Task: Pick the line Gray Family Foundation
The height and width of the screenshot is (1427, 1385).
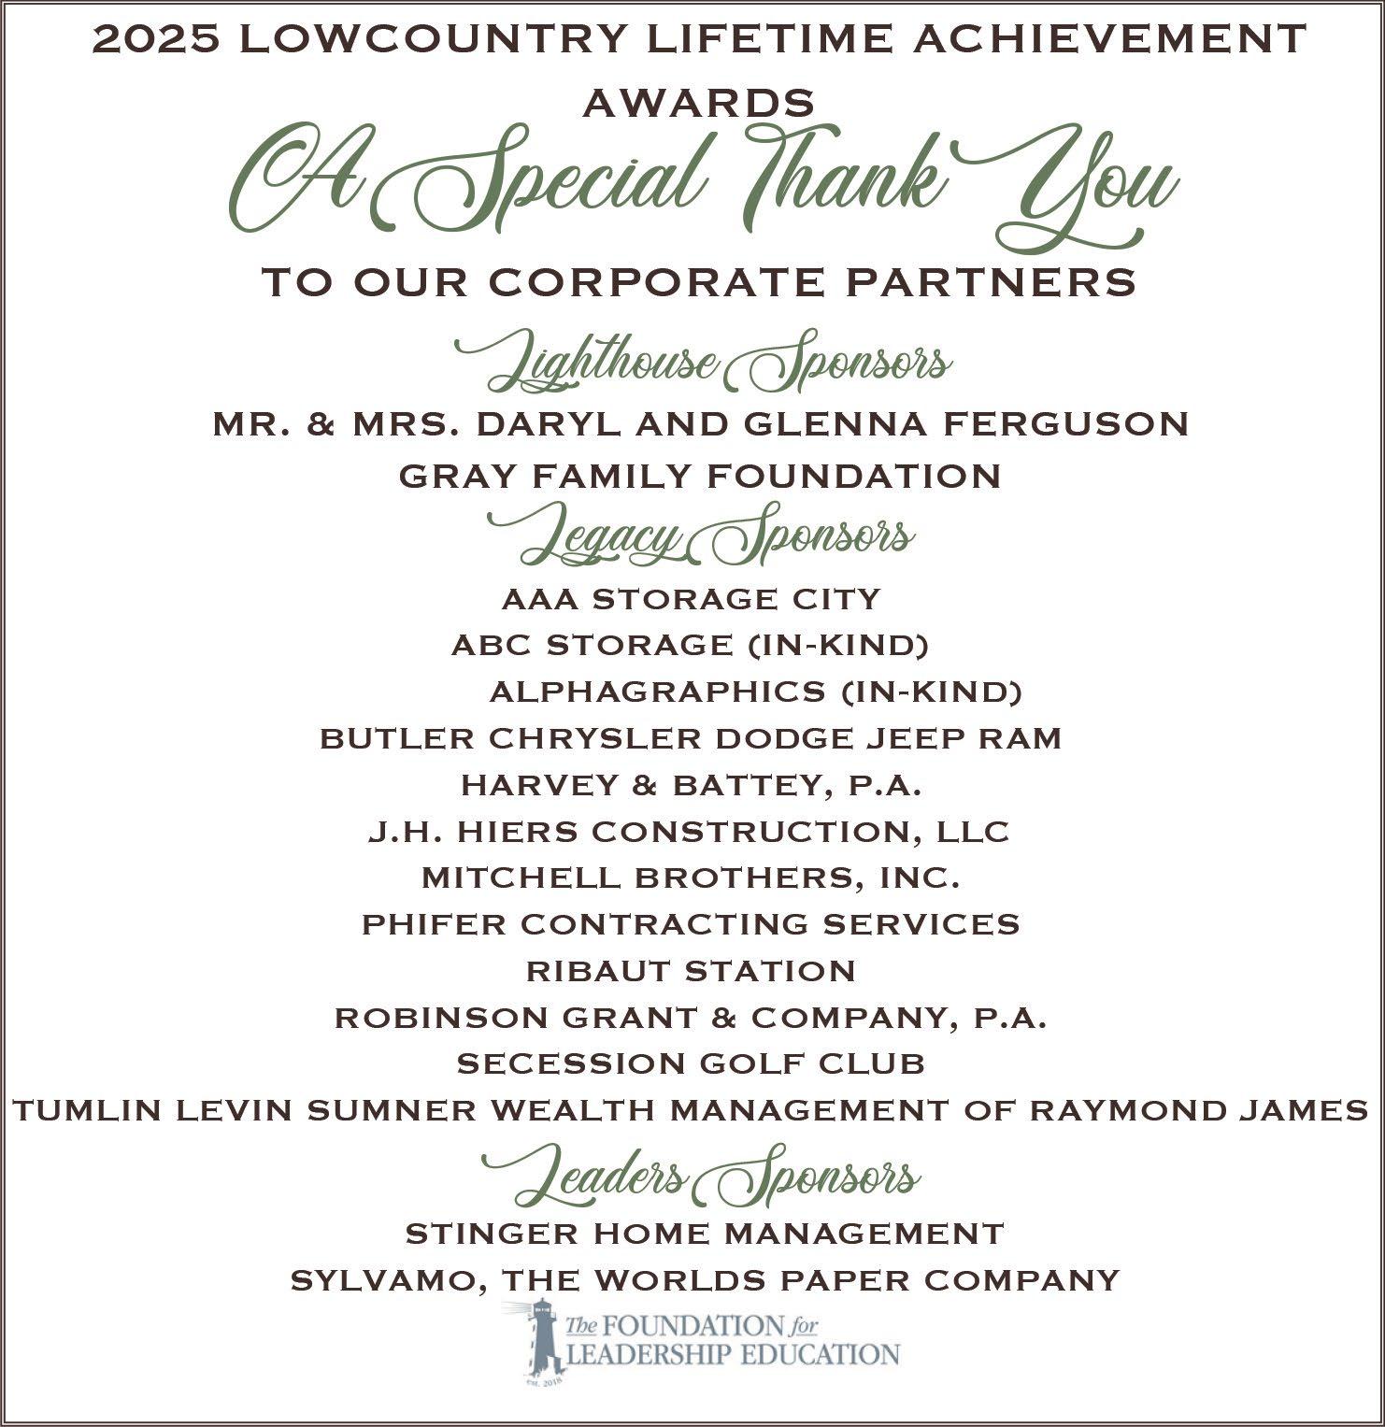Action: [700, 476]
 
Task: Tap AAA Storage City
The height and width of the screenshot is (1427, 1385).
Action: [692, 598]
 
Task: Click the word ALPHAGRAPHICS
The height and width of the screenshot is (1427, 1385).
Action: [657, 692]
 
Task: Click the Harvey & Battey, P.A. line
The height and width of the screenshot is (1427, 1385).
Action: [692, 785]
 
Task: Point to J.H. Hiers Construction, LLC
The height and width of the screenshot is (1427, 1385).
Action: [689, 832]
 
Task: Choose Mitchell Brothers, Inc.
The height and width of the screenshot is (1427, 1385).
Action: [692, 878]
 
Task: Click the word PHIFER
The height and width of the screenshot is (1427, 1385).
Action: [435, 924]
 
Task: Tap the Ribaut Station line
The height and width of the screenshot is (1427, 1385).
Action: [692, 971]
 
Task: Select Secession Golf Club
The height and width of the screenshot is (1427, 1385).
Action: [692, 1063]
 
